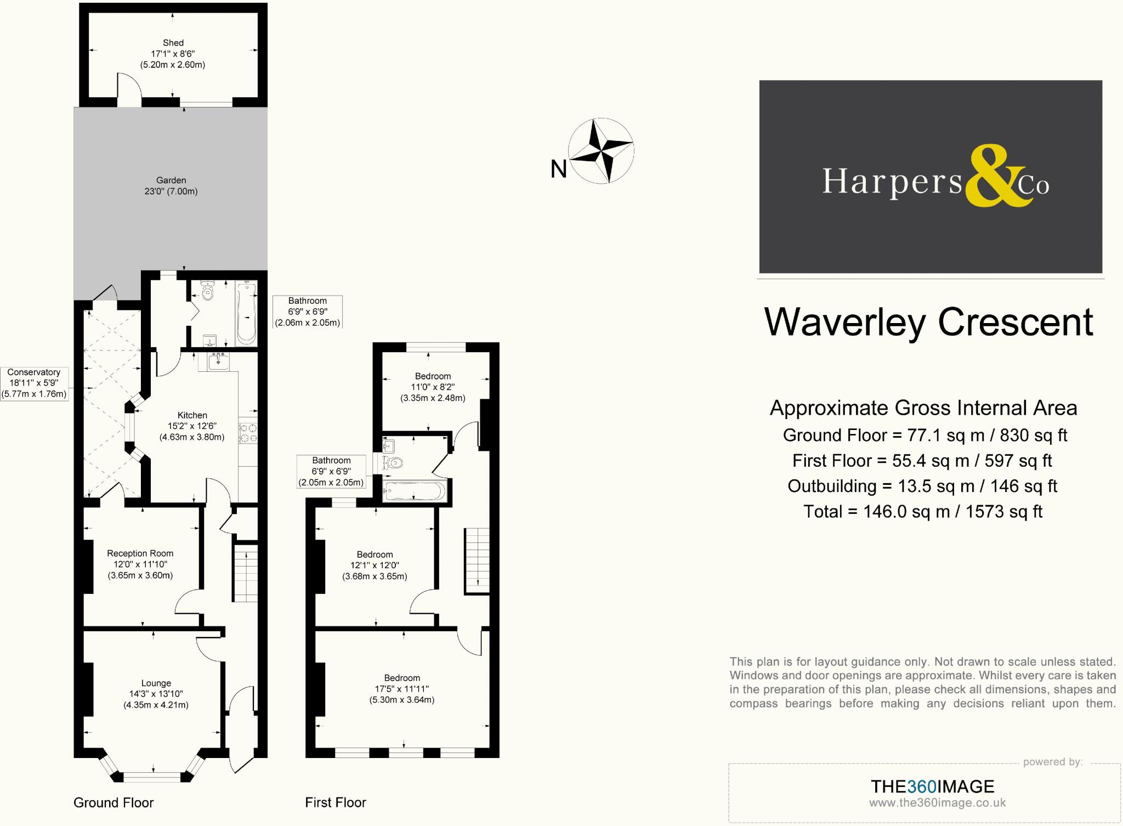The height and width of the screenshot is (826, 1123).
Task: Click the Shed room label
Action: pos(173,43)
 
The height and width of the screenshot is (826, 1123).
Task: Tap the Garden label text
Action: pos(171,180)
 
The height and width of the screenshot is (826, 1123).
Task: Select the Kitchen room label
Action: pos(192,415)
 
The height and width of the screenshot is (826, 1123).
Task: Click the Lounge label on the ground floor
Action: pos(156,683)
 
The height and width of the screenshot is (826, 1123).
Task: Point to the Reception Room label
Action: pos(140,553)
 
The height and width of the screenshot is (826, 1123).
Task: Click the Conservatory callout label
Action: pos(34,372)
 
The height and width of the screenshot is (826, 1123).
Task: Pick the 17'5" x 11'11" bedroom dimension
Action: pos(402,689)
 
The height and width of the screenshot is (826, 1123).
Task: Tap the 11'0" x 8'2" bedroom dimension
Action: pos(433,387)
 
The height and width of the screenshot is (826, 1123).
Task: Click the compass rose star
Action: pos(601,150)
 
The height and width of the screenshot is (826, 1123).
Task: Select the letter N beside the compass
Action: pos(558,169)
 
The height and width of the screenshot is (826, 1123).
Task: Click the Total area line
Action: pos(922,512)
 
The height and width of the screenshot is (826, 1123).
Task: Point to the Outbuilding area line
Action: pos(922,486)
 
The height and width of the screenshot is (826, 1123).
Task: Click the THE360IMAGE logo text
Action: pos(932,787)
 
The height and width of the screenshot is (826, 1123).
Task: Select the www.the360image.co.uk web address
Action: pos(937,803)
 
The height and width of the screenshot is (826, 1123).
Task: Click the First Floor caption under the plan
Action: pos(336,802)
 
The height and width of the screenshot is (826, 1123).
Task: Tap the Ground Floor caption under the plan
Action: pos(114,802)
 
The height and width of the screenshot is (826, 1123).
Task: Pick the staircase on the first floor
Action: pos(477,560)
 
